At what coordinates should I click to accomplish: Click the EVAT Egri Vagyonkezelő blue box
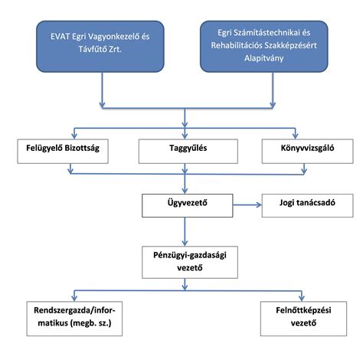point(100,47)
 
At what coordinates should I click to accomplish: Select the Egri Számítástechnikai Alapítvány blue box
point(264,47)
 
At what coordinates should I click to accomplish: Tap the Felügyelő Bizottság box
point(63,151)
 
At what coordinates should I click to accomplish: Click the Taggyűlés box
point(188,151)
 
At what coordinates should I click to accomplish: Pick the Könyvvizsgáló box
point(308,151)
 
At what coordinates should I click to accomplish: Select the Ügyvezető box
point(188,205)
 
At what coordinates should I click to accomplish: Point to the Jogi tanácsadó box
point(308,205)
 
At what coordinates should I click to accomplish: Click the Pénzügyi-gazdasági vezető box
point(190,262)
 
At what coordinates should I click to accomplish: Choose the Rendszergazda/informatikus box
point(74,319)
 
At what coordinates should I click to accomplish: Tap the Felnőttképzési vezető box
point(303,319)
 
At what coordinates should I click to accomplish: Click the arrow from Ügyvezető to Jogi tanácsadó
point(247,205)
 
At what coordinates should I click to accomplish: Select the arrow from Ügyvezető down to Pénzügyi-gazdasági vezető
point(185,231)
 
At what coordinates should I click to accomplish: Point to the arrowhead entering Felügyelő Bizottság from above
point(74,136)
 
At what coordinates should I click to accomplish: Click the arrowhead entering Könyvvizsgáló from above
point(296,136)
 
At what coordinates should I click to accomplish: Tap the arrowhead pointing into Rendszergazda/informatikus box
point(74,298)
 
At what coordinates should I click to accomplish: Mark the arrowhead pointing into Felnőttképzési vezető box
point(302,298)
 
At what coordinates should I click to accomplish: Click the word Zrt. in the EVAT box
point(115,49)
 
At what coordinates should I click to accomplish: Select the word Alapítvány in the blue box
point(264,58)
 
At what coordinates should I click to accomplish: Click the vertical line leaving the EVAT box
point(102,90)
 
